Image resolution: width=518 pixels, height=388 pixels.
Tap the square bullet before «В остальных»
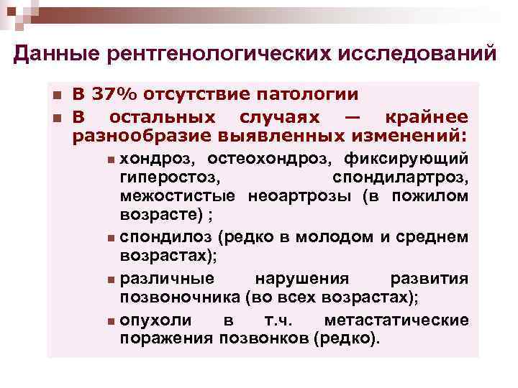[57, 118]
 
